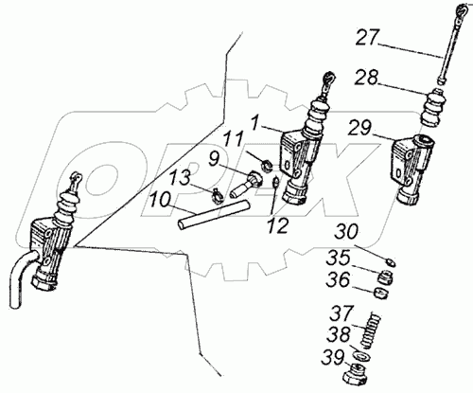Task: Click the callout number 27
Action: click(x=368, y=38)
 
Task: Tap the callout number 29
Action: click(x=360, y=129)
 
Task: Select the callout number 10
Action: click(x=160, y=201)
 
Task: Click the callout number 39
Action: click(x=333, y=359)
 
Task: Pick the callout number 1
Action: click(x=255, y=121)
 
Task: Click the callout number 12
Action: click(x=277, y=225)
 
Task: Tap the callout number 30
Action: click(x=346, y=232)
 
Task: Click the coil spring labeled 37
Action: click(x=371, y=330)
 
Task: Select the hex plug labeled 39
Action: click(x=356, y=373)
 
